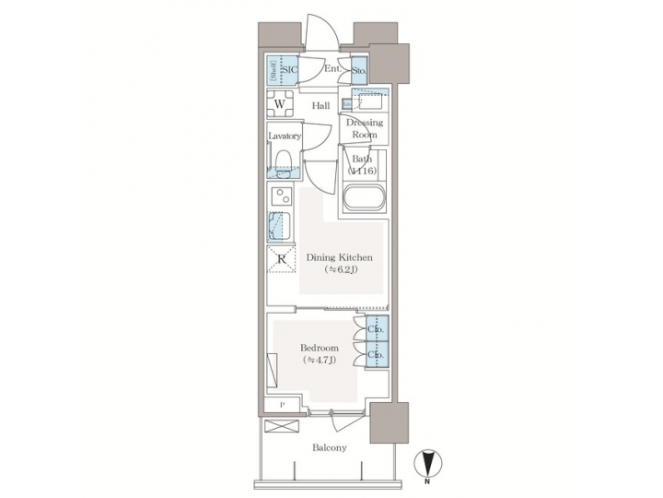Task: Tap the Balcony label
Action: [327, 448]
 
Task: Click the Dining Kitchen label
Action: [339, 257]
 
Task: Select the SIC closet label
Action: [288, 68]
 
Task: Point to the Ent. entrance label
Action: [332, 68]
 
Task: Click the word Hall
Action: [320, 106]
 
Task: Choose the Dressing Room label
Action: [365, 128]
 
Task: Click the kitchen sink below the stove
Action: [280, 226]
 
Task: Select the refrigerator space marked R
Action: [281, 259]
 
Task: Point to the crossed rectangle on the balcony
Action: [280, 425]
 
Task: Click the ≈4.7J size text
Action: [319, 360]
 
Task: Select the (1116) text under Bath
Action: [363, 172]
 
